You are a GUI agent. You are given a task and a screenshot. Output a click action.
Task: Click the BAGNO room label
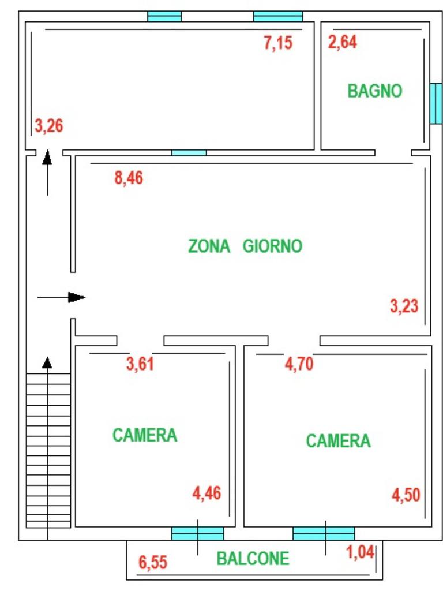tap(375, 91)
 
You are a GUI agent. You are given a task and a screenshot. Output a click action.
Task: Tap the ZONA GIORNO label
tap(245, 246)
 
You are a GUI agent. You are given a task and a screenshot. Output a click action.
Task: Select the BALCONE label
tap(253, 558)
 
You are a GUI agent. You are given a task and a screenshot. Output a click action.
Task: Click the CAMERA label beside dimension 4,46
tap(145, 435)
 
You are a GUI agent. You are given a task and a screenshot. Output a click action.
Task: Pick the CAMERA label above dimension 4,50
tap(338, 440)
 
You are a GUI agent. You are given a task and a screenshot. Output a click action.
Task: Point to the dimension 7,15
tap(278, 43)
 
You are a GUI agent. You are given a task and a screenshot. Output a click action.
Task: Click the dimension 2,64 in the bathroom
tap(343, 42)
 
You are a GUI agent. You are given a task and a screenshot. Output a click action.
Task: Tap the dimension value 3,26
tap(49, 125)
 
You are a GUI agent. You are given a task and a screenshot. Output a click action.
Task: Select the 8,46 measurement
tap(129, 178)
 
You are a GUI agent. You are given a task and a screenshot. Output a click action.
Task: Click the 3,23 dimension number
tap(404, 306)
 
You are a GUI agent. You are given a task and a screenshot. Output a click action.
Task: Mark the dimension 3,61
tap(140, 364)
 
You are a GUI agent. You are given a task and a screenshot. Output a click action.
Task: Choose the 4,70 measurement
tap(299, 364)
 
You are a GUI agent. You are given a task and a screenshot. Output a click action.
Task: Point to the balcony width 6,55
tap(153, 562)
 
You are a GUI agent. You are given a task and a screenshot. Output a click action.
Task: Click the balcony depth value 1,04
tap(360, 552)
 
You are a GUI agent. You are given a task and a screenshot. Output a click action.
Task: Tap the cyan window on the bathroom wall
tap(436, 103)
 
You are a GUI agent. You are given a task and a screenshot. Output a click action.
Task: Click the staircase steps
tap(48, 450)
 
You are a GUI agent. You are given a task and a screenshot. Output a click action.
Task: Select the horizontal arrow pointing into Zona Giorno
tap(61, 297)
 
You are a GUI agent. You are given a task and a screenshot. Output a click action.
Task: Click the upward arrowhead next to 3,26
tap(47, 158)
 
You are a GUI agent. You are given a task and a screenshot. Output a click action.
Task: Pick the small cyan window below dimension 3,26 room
tap(189, 152)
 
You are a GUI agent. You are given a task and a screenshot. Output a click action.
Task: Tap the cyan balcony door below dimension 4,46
tap(198, 534)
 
